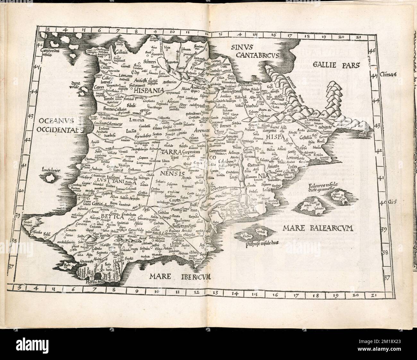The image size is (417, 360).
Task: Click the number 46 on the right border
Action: click(381, 51)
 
